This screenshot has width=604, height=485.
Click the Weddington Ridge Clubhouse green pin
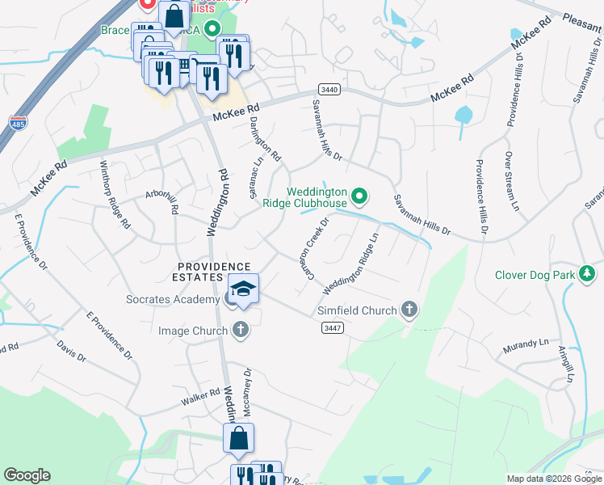361,195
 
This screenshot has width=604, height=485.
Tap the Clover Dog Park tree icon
589,275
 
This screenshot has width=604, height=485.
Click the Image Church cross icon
240,329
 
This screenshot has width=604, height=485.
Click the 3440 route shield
329,89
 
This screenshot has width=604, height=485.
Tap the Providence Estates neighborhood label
214,272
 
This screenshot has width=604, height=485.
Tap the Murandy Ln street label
526,344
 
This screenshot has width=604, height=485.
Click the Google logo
27,475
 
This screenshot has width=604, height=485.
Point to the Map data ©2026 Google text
554,479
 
